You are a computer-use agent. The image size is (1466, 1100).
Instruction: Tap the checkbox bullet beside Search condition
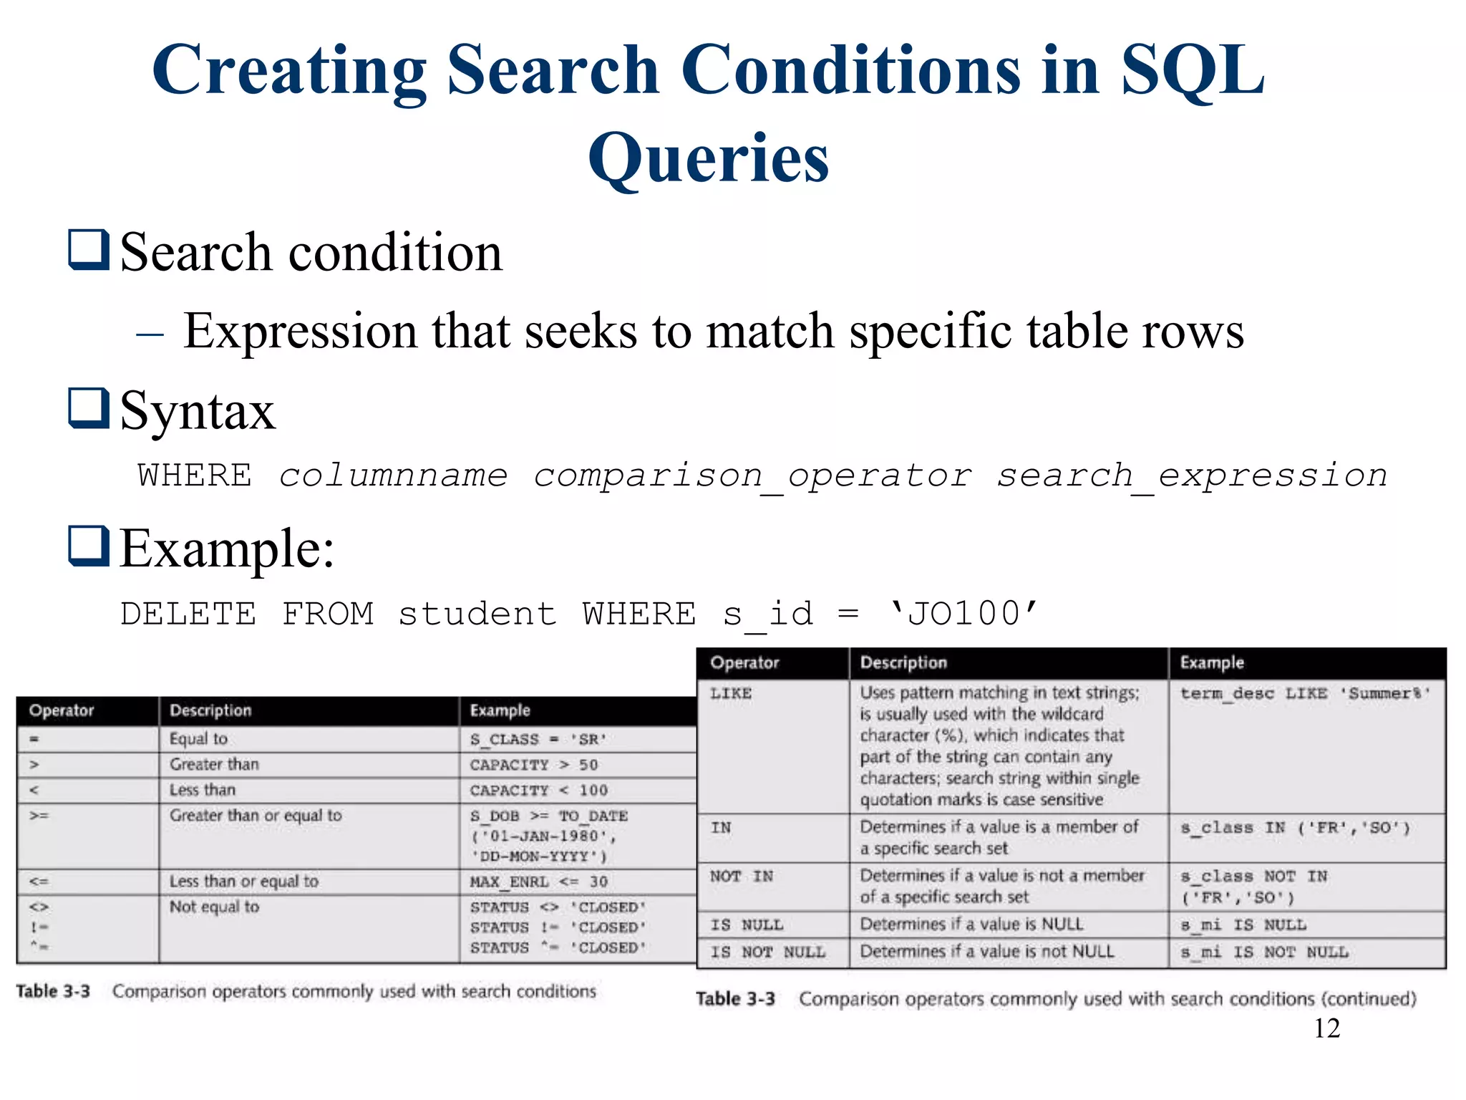(x=89, y=249)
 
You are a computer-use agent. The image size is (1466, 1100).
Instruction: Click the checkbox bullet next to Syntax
(x=89, y=407)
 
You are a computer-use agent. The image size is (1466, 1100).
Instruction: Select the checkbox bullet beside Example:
(x=89, y=546)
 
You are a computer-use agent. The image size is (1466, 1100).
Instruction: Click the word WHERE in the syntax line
(x=195, y=476)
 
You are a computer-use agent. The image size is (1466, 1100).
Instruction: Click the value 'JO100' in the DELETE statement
(x=963, y=614)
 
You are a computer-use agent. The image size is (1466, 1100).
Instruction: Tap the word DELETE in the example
(x=188, y=614)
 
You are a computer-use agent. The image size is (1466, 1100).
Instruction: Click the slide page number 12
(x=1326, y=1028)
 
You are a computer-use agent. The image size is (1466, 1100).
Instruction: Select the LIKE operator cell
(x=731, y=693)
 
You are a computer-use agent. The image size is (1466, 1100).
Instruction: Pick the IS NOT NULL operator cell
(x=767, y=952)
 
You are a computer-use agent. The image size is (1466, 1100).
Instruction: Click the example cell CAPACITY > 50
(x=533, y=765)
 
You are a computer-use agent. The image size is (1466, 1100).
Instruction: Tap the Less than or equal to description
(x=243, y=882)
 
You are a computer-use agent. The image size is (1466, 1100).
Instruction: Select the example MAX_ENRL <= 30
(x=538, y=882)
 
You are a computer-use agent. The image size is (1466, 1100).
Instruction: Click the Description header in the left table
(x=210, y=710)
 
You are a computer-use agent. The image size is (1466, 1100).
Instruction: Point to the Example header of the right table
(x=1212, y=662)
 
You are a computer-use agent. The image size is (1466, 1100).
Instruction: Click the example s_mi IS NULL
(x=1243, y=925)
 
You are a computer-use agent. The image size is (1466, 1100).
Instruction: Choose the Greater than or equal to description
(x=256, y=816)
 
